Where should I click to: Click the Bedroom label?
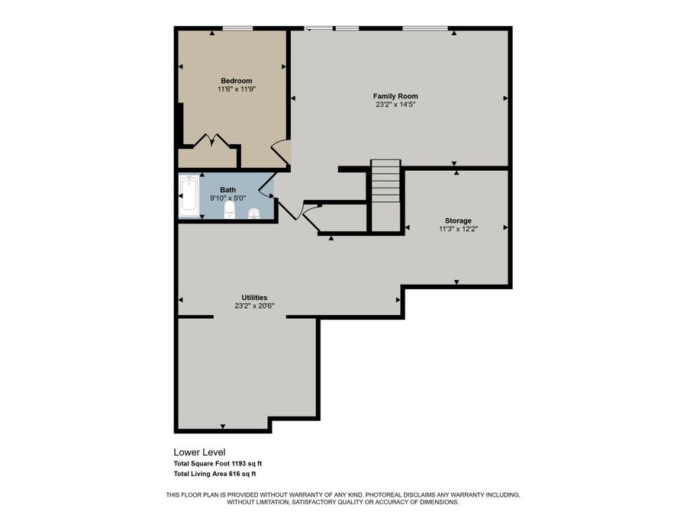[x=237, y=81]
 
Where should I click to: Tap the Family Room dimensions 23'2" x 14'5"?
[x=395, y=105]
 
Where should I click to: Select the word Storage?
[x=458, y=220]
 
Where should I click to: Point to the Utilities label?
[x=254, y=298]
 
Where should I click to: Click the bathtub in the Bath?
[x=188, y=197]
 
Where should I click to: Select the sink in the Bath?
[x=254, y=213]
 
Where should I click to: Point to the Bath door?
[x=266, y=185]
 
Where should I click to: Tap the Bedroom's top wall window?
[x=237, y=29]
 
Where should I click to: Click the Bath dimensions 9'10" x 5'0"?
[x=228, y=198]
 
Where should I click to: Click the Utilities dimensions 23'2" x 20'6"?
[x=254, y=306]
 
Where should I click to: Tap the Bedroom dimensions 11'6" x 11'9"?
[x=237, y=89]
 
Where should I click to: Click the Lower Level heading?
[x=200, y=452]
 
